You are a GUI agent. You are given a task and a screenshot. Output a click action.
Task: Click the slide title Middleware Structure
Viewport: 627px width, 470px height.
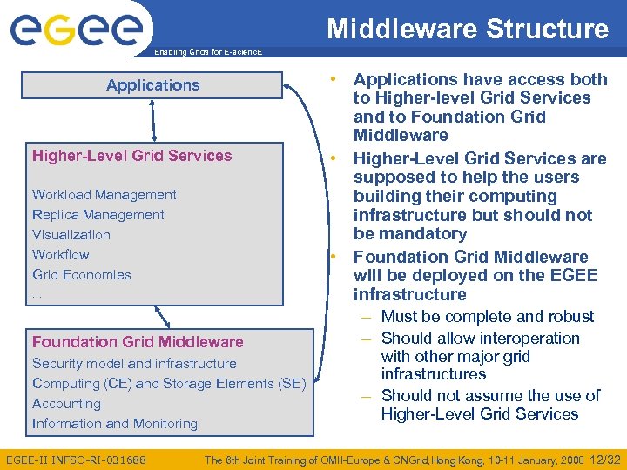468,29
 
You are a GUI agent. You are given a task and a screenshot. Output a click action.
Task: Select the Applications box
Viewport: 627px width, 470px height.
153,85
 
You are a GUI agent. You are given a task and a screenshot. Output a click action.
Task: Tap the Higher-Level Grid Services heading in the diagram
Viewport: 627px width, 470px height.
132,156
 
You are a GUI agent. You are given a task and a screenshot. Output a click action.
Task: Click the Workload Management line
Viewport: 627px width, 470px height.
104,195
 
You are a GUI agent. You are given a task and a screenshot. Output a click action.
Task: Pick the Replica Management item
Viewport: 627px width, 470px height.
98,215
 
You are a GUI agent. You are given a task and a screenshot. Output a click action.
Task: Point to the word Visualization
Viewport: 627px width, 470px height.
71,235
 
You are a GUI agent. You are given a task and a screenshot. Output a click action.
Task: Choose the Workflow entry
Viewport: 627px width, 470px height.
61,255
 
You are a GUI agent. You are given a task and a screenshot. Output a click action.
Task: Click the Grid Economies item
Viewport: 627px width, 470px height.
82,275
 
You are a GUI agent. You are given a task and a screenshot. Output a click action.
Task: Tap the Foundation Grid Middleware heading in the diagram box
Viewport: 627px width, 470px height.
138,342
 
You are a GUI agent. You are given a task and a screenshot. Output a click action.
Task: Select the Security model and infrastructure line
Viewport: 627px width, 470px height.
134,364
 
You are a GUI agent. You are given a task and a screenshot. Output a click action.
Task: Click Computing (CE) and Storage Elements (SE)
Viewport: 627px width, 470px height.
169,384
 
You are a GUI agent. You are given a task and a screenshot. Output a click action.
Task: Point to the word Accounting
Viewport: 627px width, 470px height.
66,404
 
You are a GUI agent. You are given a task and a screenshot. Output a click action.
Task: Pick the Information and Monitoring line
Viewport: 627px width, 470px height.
115,424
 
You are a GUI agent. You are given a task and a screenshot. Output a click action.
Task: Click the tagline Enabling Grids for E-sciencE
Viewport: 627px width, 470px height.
207,53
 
